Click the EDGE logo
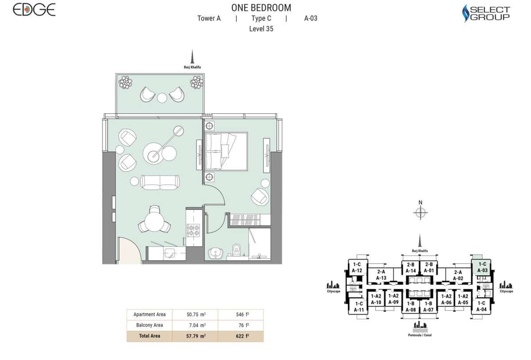pos(34,9)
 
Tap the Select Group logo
pos(486,13)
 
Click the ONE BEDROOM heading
pos(261,8)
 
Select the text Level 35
pos(261,29)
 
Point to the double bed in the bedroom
pos(226,151)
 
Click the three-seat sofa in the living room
pos(160,182)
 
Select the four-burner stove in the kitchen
pos(194,230)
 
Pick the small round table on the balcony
pos(162,98)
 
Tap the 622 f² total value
pos(241,336)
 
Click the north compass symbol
pos(420,213)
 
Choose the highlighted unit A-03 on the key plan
pos(482,267)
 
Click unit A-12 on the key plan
pos(357,267)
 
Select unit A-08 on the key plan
pos(410,306)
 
